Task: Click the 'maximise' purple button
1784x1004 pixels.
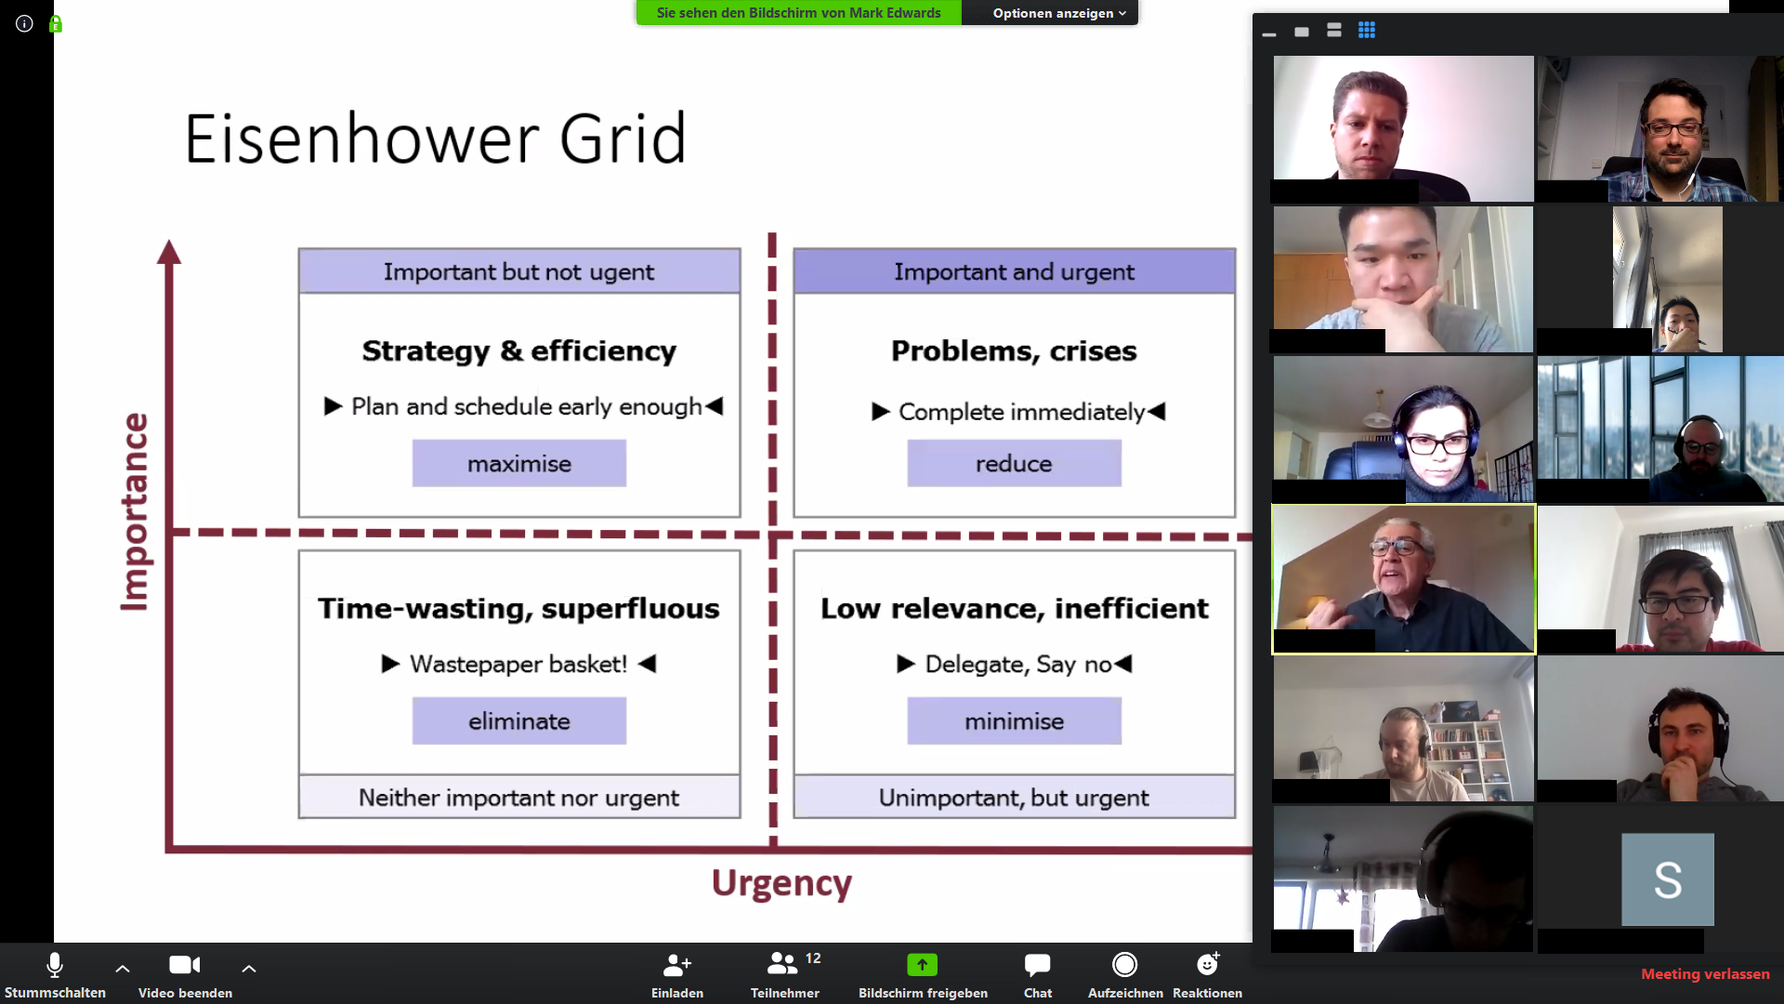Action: click(519, 463)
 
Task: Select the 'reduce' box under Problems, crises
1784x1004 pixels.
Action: click(1014, 463)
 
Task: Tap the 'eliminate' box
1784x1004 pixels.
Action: click(519, 720)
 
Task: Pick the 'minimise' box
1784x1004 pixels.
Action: click(1014, 720)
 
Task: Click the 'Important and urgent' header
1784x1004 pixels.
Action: click(1015, 271)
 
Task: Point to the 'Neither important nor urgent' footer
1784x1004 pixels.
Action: click(519, 798)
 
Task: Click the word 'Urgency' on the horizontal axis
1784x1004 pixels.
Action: click(781, 883)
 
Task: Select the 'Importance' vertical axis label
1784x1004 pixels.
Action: click(136, 512)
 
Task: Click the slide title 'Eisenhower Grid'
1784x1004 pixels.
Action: click(435, 139)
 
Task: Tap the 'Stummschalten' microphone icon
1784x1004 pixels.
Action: click(55, 965)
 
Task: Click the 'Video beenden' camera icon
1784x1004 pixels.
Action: click(185, 965)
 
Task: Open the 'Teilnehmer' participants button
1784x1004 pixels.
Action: click(782, 964)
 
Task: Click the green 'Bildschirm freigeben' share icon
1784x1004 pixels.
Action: click(923, 965)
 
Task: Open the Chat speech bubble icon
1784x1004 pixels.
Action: click(1037, 965)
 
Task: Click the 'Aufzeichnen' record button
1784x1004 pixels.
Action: click(1124, 965)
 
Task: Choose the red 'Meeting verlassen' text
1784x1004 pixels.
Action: click(1705, 974)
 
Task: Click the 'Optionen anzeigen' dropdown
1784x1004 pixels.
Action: click(1059, 13)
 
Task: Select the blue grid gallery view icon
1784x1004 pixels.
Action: click(1366, 30)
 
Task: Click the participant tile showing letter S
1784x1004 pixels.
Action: click(1668, 879)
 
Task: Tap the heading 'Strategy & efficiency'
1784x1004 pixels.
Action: click(519, 350)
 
